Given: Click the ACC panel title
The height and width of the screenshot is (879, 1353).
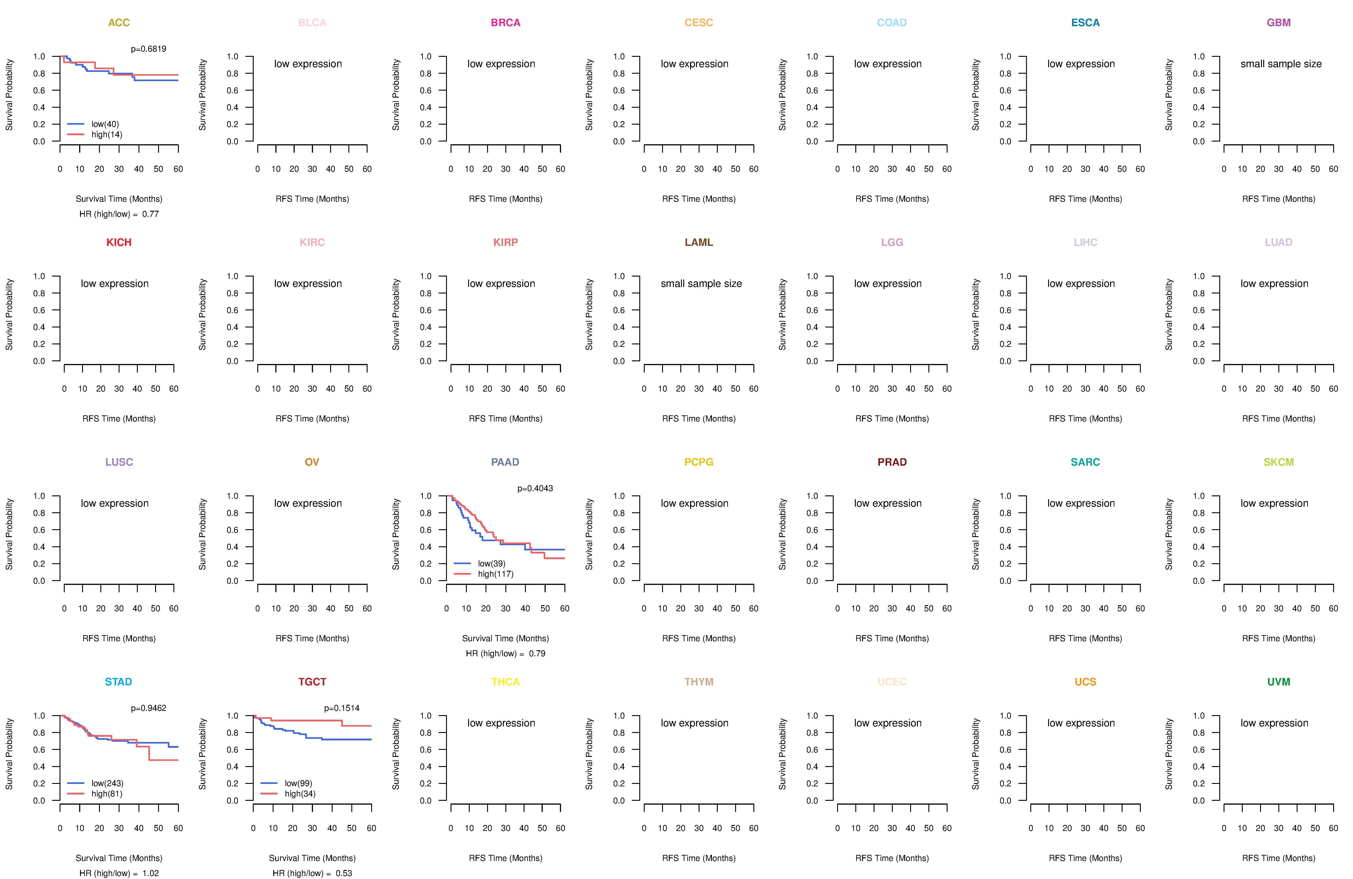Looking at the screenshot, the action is pyautogui.click(x=119, y=23).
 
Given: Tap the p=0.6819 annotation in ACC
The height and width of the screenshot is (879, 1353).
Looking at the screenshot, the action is pyautogui.click(x=148, y=49).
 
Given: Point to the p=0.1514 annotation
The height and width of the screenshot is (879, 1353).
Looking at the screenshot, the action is pyautogui.click(x=342, y=708).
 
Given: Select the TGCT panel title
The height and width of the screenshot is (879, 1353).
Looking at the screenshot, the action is pyautogui.click(x=312, y=682).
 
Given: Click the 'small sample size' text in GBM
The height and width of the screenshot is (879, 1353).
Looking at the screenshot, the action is pyautogui.click(x=1281, y=64).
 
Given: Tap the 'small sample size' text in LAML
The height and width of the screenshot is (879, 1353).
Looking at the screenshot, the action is pyautogui.click(x=701, y=284).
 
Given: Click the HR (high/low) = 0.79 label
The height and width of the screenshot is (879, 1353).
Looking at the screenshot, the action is pyautogui.click(x=505, y=653).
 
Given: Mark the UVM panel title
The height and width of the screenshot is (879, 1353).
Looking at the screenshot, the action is pyautogui.click(x=1279, y=682).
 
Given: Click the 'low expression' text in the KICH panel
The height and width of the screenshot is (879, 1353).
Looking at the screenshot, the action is pyautogui.click(x=115, y=284).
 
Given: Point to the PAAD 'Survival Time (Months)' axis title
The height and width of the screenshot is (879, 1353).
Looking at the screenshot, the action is pyautogui.click(x=505, y=638).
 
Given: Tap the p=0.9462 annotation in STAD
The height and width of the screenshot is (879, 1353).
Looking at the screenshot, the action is pyautogui.click(x=148, y=708).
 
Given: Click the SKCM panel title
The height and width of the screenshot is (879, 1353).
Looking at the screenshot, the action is pyautogui.click(x=1279, y=462).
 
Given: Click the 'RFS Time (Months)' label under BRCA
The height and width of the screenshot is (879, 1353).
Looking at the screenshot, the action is pyautogui.click(x=505, y=199).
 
